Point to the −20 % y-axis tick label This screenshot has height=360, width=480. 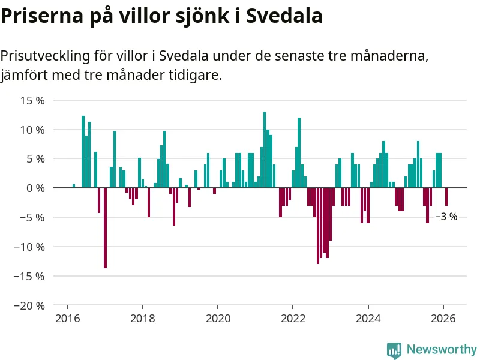pos(30,305)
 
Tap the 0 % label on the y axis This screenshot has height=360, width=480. pos(35,188)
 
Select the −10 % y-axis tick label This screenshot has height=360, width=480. pos(30,247)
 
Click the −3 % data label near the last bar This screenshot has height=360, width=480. pos(446,217)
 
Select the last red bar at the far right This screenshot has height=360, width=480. pos(446,197)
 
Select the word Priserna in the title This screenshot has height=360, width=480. pos(41,16)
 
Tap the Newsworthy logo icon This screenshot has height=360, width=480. pos(394,350)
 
